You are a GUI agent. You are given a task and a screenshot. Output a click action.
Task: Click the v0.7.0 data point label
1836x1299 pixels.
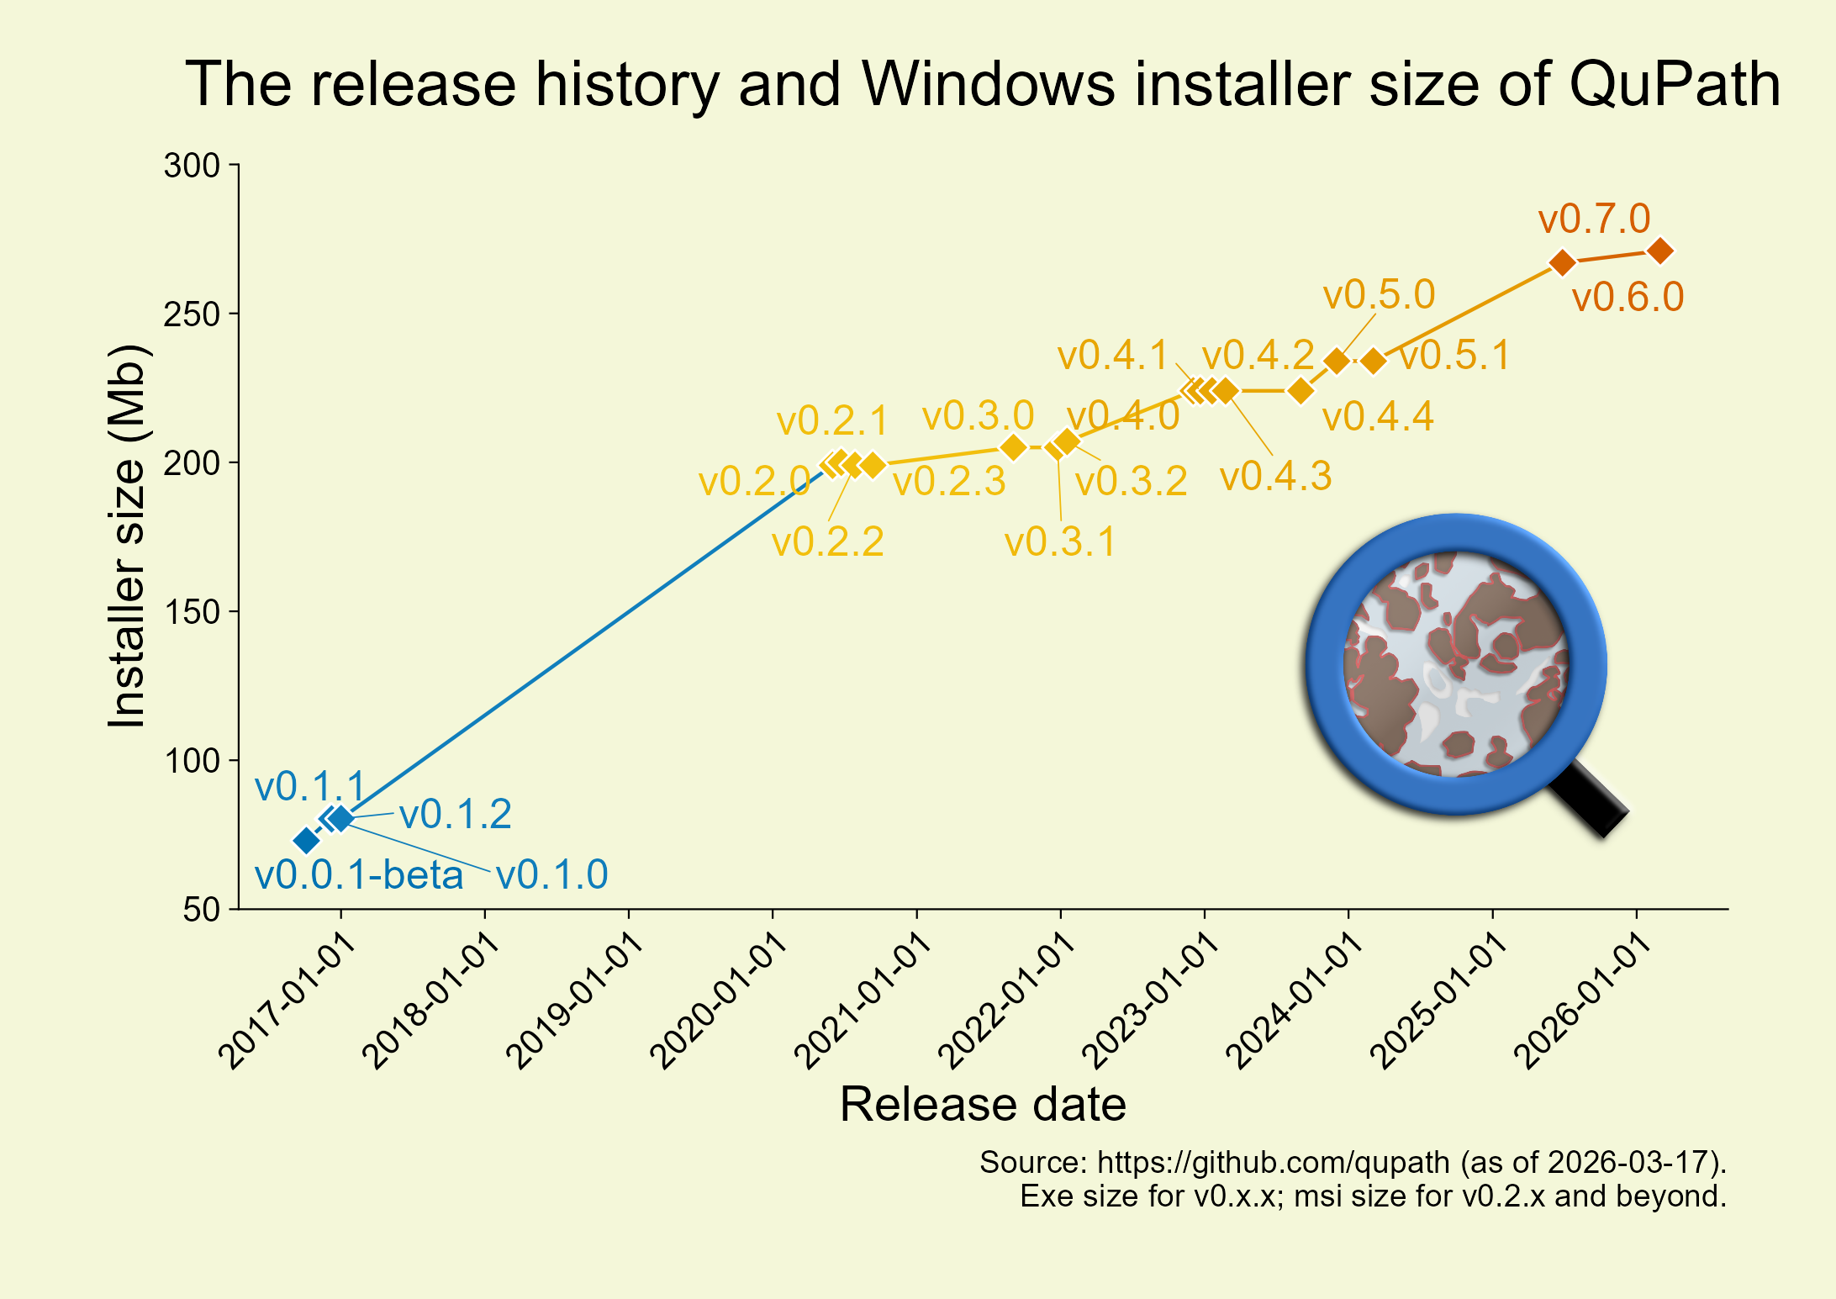pyautogui.click(x=1594, y=219)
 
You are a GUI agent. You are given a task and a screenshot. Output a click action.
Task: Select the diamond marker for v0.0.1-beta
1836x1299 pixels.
pyautogui.click(x=307, y=840)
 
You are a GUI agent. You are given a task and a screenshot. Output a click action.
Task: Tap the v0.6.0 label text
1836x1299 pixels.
pyautogui.click(x=1628, y=298)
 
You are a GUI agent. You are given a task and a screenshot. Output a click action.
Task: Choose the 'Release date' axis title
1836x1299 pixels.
pyautogui.click(x=983, y=1104)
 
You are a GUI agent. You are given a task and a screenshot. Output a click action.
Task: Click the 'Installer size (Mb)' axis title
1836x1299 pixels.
pyautogui.click(x=128, y=536)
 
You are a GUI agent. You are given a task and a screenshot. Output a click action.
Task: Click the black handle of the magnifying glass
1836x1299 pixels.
pyautogui.click(x=1589, y=799)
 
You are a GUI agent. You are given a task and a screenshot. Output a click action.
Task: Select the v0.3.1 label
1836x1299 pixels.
pyautogui.click(x=1060, y=542)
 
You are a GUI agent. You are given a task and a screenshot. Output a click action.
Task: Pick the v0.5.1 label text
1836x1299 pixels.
pyautogui.click(x=1454, y=356)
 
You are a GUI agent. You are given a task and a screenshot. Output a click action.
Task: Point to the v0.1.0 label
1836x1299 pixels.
pyautogui.click(x=551, y=875)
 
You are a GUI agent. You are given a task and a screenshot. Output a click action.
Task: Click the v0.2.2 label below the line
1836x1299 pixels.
pyautogui.click(x=827, y=542)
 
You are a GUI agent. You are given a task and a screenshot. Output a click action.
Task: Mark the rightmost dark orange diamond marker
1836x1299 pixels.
pyautogui.click(x=1660, y=251)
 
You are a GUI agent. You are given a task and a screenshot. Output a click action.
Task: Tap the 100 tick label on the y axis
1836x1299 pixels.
pyautogui.click(x=192, y=761)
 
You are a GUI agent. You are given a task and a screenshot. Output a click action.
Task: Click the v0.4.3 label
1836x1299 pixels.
pyautogui.click(x=1275, y=477)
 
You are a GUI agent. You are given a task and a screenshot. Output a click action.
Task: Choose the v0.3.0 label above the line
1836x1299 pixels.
pyautogui.click(x=978, y=416)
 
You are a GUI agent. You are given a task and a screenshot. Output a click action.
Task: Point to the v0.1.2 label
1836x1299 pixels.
pyautogui.click(x=455, y=815)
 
